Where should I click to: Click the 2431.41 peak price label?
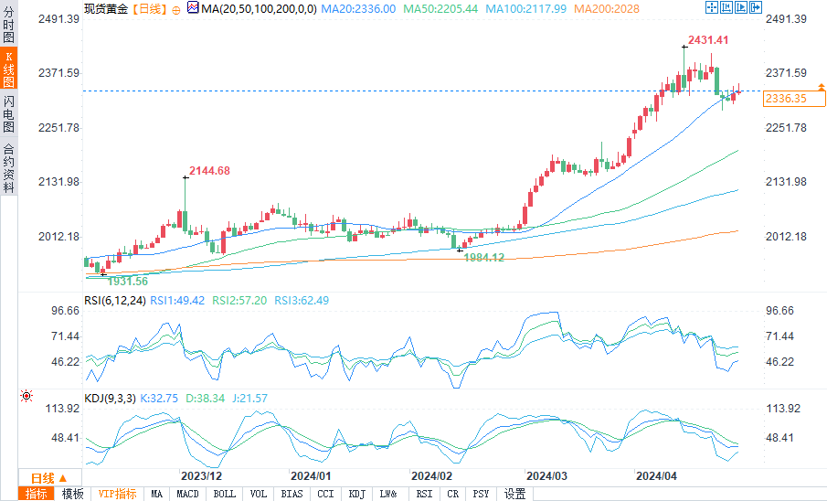tap(708, 40)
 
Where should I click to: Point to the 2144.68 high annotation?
tap(209, 171)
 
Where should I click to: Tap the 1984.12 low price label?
tap(484, 258)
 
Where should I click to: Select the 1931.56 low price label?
tap(128, 281)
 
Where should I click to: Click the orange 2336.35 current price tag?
tap(785, 98)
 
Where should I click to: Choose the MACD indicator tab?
tap(187, 494)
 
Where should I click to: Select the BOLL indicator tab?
tap(223, 494)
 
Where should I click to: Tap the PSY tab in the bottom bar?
tap(481, 494)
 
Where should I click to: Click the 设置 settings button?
tap(514, 494)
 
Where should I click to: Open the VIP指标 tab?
tap(118, 494)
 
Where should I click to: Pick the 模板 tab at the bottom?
tap(72, 494)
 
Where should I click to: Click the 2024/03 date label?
tap(546, 476)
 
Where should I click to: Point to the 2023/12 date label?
tap(201, 476)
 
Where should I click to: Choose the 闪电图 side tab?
tap(8, 113)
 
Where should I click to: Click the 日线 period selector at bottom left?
tap(48, 478)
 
